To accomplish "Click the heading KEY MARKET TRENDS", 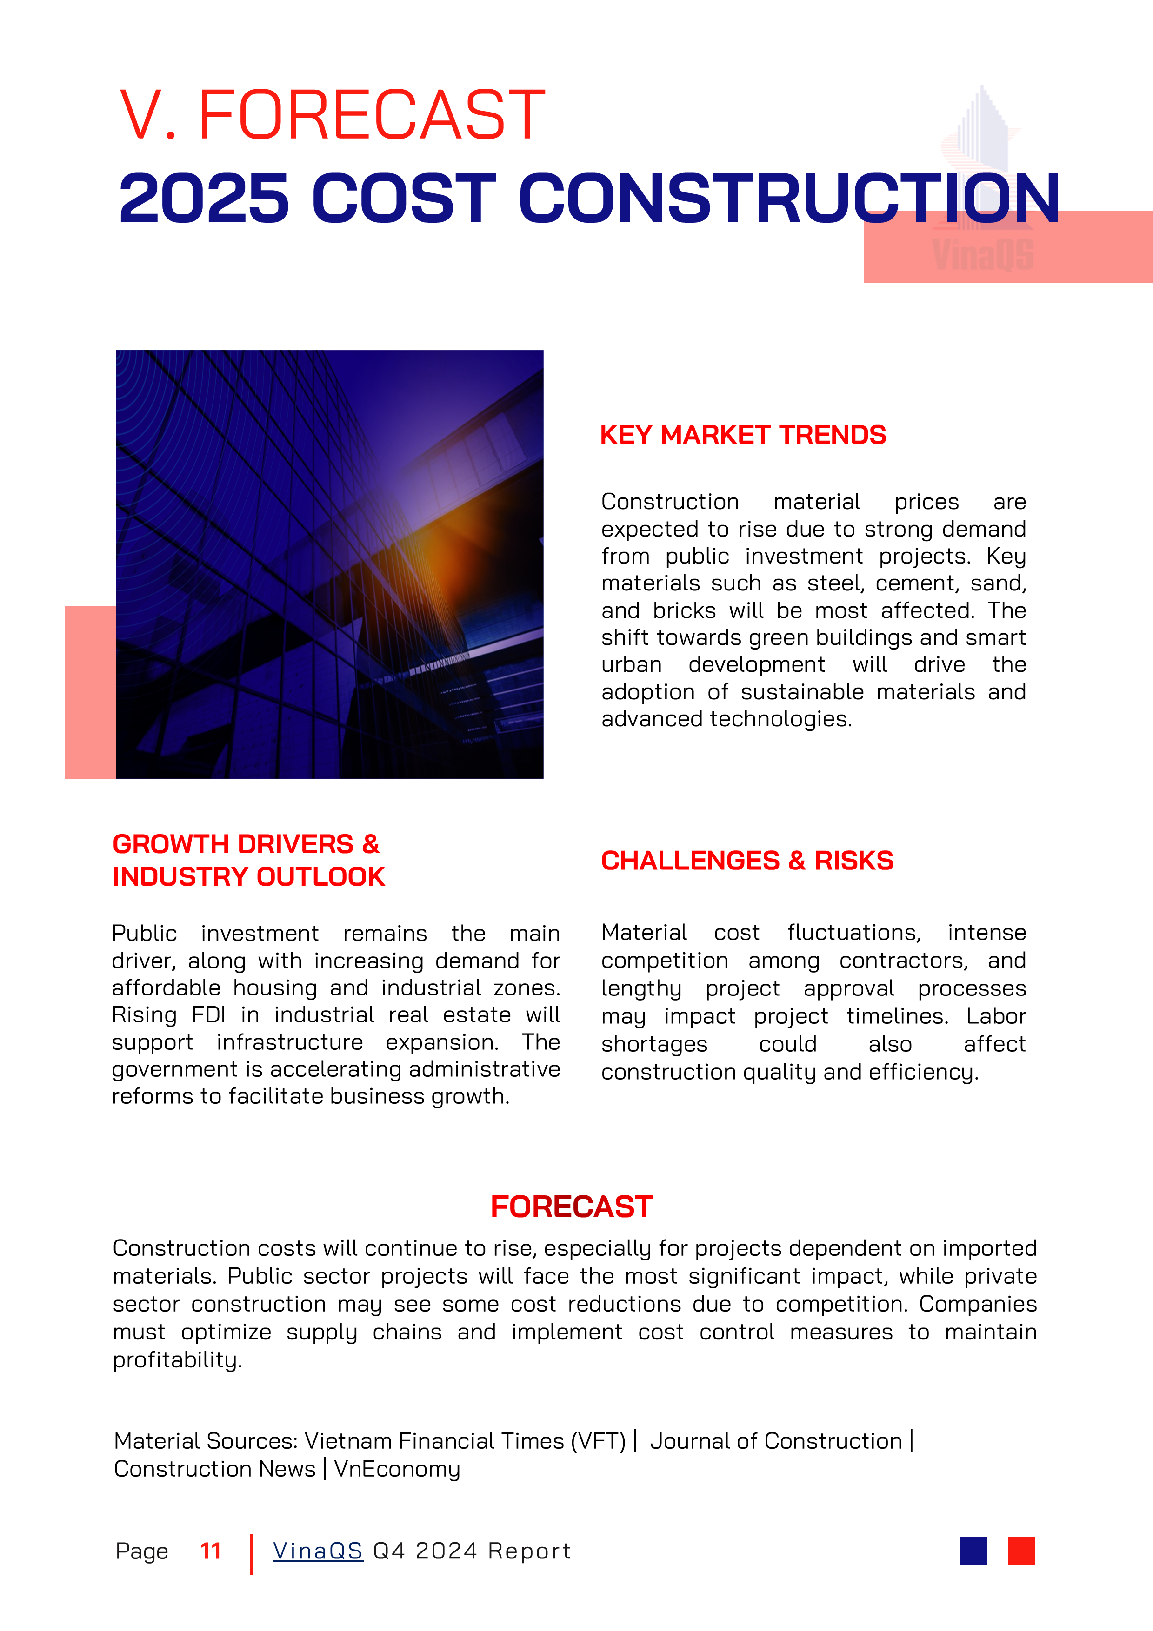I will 742,435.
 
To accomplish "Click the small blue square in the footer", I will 973,1551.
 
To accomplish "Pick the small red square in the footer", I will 1021,1551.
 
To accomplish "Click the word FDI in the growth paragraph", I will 208,1015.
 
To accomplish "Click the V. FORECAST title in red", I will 333,115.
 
